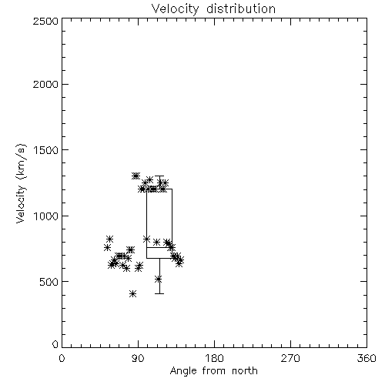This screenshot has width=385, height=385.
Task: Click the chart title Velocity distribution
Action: [x=213, y=9]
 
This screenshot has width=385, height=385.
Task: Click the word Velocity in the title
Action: [x=175, y=9]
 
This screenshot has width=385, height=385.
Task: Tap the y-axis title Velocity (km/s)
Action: [x=21, y=183]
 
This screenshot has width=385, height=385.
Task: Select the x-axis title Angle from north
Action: [x=213, y=371]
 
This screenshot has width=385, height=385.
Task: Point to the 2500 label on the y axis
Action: [x=45, y=21]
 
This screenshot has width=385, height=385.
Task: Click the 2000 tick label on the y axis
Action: [x=45, y=84]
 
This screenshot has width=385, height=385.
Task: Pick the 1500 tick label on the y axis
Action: [x=46, y=150]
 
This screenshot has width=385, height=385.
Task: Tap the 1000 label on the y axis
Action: [x=46, y=216]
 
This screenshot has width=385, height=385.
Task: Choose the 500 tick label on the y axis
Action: [x=49, y=282]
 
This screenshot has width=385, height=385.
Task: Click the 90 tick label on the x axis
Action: [x=138, y=358]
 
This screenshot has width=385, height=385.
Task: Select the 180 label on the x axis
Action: [x=214, y=358]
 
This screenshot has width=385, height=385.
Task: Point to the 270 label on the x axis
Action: [x=290, y=358]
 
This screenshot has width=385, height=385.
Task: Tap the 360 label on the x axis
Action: [x=367, y=358]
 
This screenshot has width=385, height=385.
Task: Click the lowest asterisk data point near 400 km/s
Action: [x=132, y=294]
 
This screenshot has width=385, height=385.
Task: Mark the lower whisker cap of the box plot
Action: [x=159, y=293]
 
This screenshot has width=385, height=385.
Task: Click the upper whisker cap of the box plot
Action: [x=159, y=176]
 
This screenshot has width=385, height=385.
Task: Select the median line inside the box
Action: [x=159, y=247]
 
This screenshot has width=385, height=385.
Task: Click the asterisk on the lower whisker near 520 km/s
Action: [x=159, y=280]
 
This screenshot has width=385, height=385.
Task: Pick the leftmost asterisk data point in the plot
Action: [x=107, y=248]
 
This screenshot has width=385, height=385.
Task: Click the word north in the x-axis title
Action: [x=245, y=371]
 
